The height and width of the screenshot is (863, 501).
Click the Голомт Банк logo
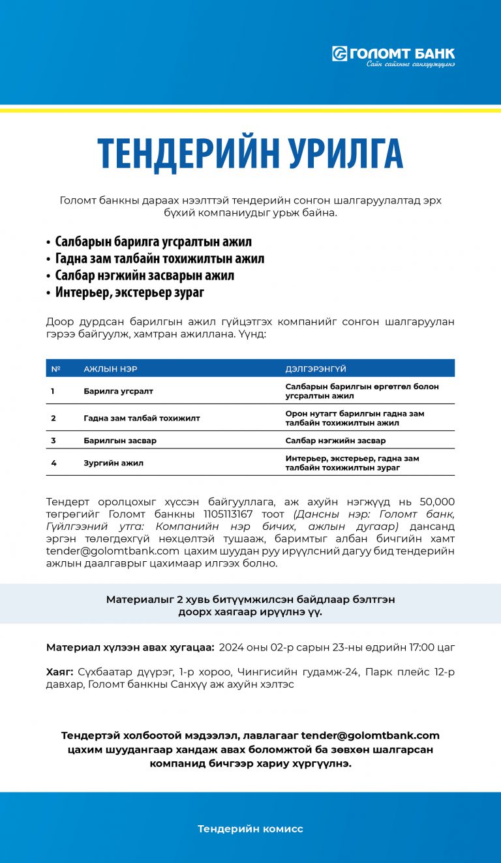(x=393, y=55)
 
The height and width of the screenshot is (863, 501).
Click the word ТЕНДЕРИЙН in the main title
(x=175, y=154)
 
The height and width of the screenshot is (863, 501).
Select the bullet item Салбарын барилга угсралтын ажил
(x=153, y=242)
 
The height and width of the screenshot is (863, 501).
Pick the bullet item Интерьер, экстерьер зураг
(x=129, y=293)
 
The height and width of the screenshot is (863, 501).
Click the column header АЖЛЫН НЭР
(x=110, y=369)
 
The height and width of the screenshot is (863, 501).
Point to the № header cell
(x=55, y=369)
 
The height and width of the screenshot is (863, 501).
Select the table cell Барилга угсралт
(x=118, y=391)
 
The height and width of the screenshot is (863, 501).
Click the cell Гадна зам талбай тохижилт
(x=142, y=418)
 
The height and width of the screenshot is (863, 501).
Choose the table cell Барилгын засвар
(x=120, y=441)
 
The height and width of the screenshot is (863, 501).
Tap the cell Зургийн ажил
(x=114, y=463)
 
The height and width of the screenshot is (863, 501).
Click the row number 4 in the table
(x=53, y=463)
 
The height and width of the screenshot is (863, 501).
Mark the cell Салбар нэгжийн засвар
(x=335, y=441)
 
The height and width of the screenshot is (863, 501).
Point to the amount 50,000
(x=437, y=502)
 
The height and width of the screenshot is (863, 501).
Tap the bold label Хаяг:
(x=60, y=671)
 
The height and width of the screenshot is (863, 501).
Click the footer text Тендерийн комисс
(x=250, y=829)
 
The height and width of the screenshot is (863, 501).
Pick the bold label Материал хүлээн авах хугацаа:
(x=130, y=648)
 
